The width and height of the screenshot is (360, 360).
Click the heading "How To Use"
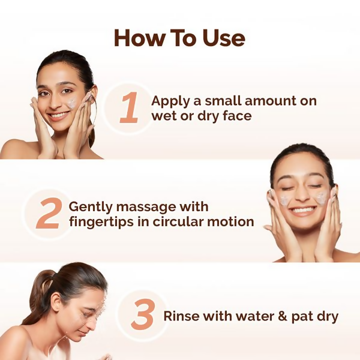click(179, 38)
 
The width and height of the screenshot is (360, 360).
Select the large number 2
click(48, 215)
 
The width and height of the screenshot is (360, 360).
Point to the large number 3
click(143, 316)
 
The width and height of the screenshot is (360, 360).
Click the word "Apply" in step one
click(170, 101)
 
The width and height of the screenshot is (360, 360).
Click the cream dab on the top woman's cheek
click(71, 103)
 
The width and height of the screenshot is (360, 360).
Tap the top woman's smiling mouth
click(58, 114)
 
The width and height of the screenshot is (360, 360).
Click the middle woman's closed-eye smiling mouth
click(302, 210)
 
